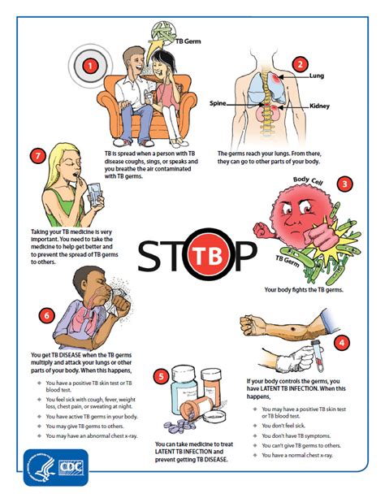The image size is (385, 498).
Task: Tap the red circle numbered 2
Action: [300, 65]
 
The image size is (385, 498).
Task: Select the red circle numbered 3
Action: [346, 184]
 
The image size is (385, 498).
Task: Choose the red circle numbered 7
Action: [36, 156]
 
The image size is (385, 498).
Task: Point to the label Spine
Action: [218, 104]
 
